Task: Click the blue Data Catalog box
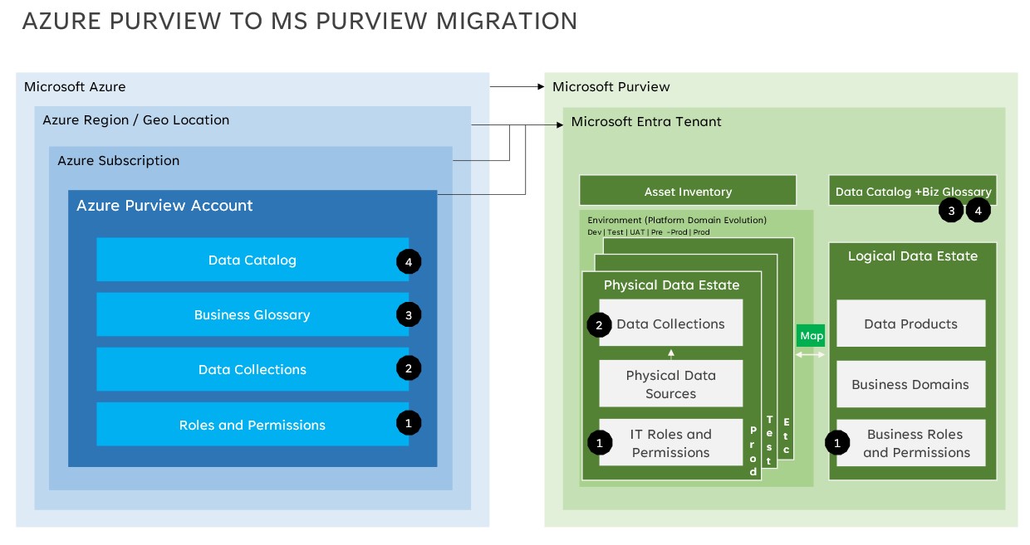pyautogui.click(x=252, y=260)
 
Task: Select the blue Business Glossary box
pyautogui.click(x=252, y=315)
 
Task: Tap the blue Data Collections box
pyautogui.click(x=252, y=370)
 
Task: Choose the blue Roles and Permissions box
pyautogui.click(x=252, y=425)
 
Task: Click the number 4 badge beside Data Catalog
pyautogui.click(x=409, y=262)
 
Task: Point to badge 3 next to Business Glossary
pyautogui.click(x=409, y=314)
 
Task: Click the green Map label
pyautogui.click(x=812, y=336)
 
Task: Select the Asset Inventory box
pyautogui.click(x=688, y=192)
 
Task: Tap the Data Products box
pyautogui.click(x=910, y=324)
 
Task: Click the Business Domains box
pyautogui.click(x=910, y=385)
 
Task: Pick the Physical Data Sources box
pyautogui.click(x=670, y=384)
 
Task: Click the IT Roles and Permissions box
pyautogui.click(x=670, y=443)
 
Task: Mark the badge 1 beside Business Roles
pyautogui.click(x=837, y=444)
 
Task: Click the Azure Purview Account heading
pyautogui.click(x=164, y=206)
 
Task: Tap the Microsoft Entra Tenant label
pyautogui.click(x=646, y=122)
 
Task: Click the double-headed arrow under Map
pyautogui.click(x=812, y=355)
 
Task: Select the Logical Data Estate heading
pyautogui.click(x=912, y=256)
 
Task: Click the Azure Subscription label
pyautogui.click(x=118, y=161)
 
